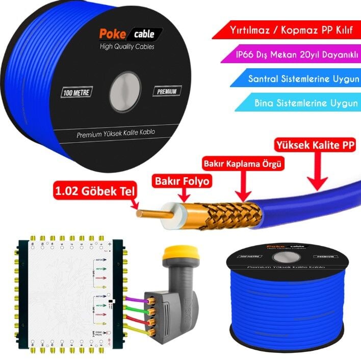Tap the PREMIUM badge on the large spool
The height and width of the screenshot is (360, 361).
pos(167,92)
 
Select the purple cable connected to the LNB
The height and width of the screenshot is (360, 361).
pos(134,299)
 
